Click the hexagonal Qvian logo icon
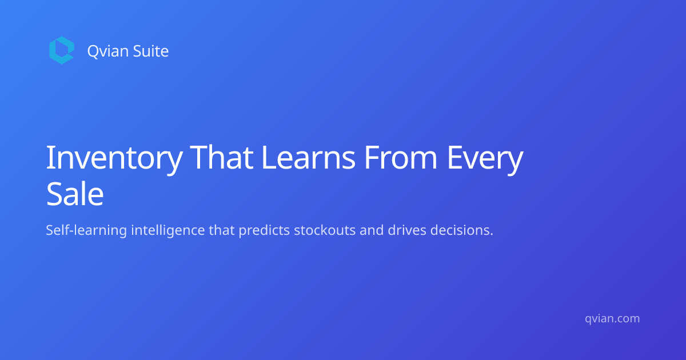(x=62, y=50)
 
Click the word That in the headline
(x=222, y=157)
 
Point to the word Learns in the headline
(x=308, y=157)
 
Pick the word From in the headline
(x=401, y=158)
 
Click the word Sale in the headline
(x=75, y=194)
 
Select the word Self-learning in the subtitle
(x=86, y=230)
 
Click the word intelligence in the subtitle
(x=168, y=230)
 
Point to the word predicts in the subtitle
(x=264, y=230)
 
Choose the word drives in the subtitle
(x=407, y=230)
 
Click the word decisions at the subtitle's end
(x=462, y=230)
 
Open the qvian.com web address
(x=612, y=319)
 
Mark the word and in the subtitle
(x=372, y=230)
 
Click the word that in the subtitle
(x=222, y=230)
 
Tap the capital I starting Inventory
(x=49, y=157)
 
